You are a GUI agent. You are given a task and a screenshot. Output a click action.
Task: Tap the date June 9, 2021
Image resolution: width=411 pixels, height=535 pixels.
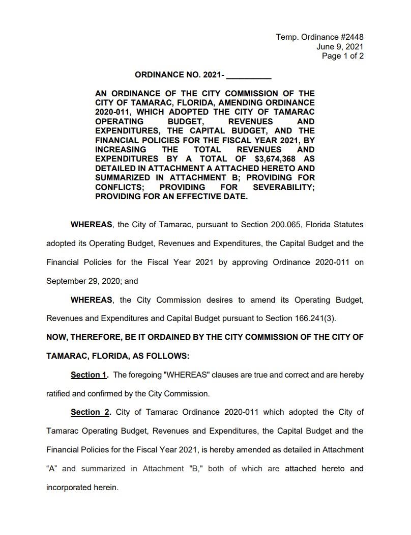point(340,46)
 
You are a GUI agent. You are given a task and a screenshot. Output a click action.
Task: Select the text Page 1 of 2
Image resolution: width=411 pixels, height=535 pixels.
point(343,56)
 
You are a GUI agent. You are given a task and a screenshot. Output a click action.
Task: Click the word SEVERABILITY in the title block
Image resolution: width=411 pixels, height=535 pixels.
point(284,187)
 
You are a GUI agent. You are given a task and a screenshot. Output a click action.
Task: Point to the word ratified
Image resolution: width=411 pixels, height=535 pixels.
point(60,394)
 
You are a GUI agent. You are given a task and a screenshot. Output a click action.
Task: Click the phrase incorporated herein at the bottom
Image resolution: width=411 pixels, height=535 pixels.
point(82,488)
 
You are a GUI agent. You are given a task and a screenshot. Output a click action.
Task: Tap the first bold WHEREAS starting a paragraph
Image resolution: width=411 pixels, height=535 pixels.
point(92,224)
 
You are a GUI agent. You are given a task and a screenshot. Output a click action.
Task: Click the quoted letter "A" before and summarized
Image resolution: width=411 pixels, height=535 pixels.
point(51,469)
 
